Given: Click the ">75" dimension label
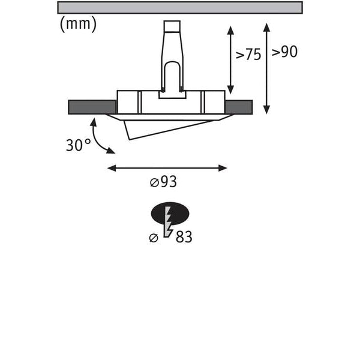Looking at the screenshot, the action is pos(248,55).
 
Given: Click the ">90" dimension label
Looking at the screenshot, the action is pos(284,52).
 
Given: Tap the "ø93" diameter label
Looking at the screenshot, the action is pos(163,182).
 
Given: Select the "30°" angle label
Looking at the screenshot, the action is pos(78,145).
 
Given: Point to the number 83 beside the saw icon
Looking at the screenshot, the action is pos(184,237).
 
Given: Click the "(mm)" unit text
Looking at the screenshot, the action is pos(78,24).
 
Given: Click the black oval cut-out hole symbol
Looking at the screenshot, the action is pos(170,213).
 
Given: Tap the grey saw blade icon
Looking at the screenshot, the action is pos(168,221).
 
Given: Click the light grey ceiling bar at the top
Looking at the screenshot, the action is pos(180,8).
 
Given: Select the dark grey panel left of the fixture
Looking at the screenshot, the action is pos(92,107).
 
